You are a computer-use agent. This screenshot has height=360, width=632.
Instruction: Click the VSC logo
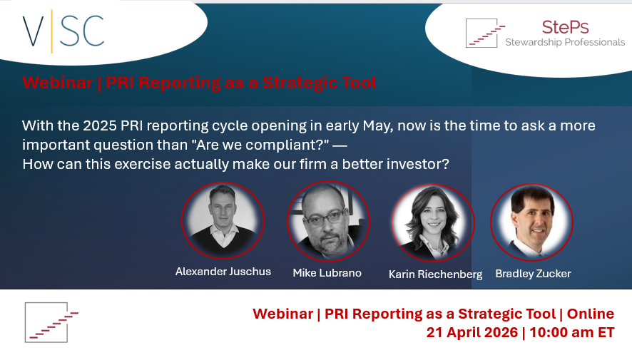pyautogui.click(x=63, y=31)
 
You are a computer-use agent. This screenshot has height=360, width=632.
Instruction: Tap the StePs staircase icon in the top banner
pyautogui.click(x=485, y=33)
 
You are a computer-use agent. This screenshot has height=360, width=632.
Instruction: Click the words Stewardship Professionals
pyautogui.click(x=565, y=42)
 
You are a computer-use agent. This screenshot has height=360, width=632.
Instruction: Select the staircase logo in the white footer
pyautogui.click(x=51, y=322)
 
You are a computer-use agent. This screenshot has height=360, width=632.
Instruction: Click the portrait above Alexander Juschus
pyautogui.click(x=223, y=220)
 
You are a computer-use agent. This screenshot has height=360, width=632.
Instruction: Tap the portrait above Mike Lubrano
pyautogui.click(x=328, y=221)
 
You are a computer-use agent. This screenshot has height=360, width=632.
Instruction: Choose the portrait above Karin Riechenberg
pyautogui.click(x=433, y=222)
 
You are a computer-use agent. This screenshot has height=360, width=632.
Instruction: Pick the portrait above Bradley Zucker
pyautogui.click(x=531, y=222)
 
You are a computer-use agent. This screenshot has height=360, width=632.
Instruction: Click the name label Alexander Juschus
pyautogui.click(x=223, y=272)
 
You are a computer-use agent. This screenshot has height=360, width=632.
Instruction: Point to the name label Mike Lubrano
pyautogui.click(x=327, y=273)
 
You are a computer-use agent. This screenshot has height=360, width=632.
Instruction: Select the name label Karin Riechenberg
pyautogui.click(x=435, y=274)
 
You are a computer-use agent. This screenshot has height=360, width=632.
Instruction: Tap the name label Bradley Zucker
pyautogui.click(x=534, y=274)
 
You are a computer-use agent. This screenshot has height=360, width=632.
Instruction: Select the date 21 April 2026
pyautogui.click(x=472, y=333)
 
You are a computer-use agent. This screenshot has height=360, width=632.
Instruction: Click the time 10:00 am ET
pyautogui.click(x=572, y=333)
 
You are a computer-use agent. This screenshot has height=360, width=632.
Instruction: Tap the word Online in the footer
pyautogui.click(x=591, y=314)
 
